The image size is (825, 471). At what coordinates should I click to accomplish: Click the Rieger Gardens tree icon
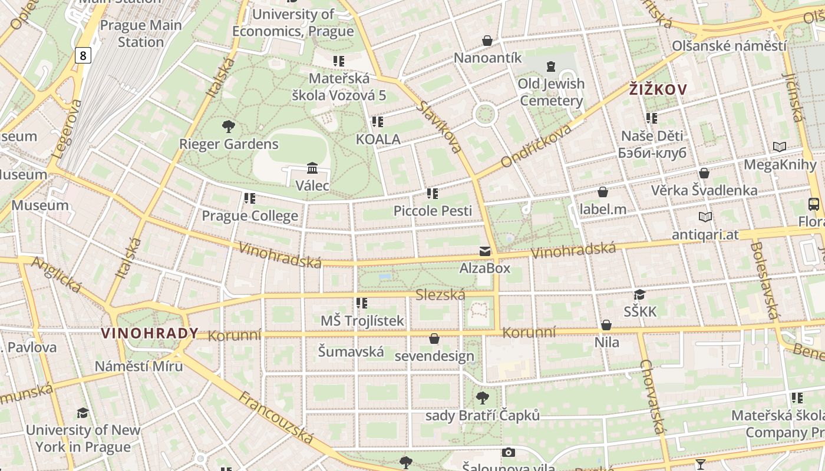click(x=228, y=126)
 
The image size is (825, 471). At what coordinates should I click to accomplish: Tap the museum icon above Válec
click(x=312, y=168)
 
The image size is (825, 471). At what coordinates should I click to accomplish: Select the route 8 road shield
click(x=84, y=55)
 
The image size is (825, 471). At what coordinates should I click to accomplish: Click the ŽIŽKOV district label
click(x=658, y=89)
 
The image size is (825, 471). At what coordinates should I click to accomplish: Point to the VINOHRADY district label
click(x=150, y=333)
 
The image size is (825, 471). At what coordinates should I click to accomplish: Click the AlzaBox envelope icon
click(x=484, y=251)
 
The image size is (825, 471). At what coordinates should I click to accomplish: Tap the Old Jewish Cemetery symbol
click(x=551, y=66)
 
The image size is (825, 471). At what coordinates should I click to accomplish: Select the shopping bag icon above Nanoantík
click(x=487, y=41)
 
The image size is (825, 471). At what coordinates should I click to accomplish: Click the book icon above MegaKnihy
click(x=779, y=147)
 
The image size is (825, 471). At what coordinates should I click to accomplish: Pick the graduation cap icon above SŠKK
click(x=639, y=294)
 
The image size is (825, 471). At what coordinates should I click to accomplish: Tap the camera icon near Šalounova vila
click(x=508, y=452)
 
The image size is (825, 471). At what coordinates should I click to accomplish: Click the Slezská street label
click(x=440, y=295)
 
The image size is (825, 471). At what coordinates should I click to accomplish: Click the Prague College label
click(x=250, y=216)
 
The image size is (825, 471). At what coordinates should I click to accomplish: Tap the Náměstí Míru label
click(x=139, y=366)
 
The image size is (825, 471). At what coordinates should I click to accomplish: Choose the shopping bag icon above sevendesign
click(x=434, y=339)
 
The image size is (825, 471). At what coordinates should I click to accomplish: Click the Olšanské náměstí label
click(x=730, y=46)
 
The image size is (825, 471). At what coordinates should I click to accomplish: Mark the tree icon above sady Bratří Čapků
click(x=482, y=398)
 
